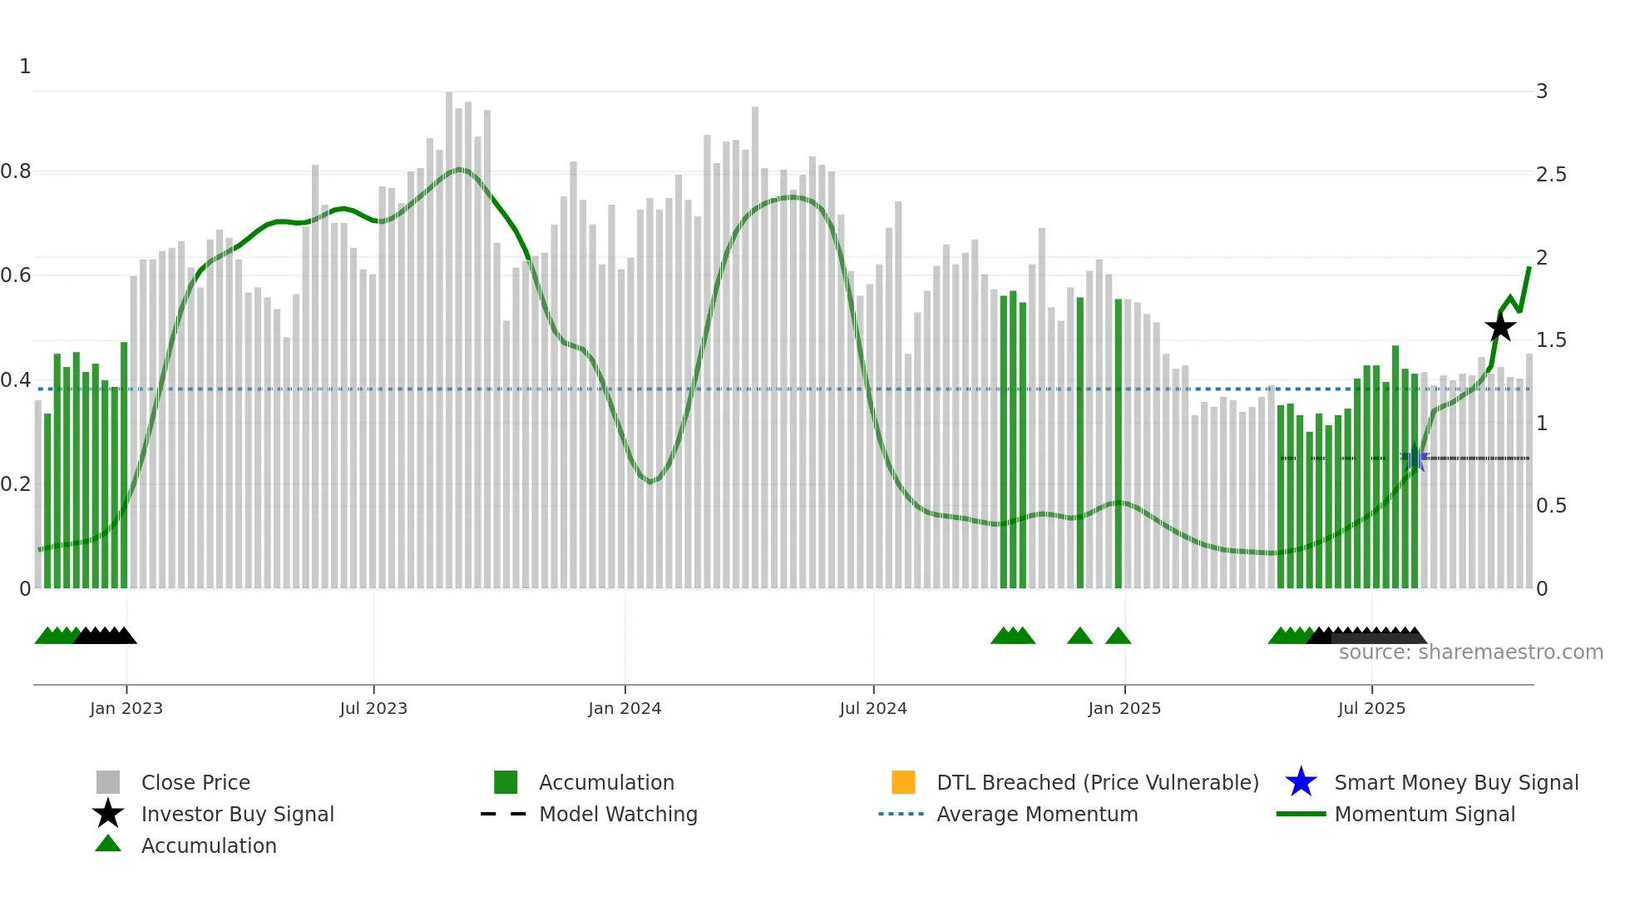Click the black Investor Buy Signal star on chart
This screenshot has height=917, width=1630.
click(x=1500, y=327)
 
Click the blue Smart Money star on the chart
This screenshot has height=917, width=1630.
click(x=1414, y=458)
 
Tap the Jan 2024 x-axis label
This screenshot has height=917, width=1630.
click(x=625, y=708)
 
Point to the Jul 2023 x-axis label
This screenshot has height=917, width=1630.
click(x=373, y=708)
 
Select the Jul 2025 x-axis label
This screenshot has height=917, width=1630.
click(x=1371, y=708)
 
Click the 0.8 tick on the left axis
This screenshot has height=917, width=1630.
click(x=16, y=171)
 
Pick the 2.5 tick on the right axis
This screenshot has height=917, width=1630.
click(x=1551, y=174)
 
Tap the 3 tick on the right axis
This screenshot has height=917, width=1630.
click(x=1542, y=91)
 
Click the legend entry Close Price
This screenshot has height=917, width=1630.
click(x=195, y=782)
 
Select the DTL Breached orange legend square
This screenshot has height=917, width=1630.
click(x=903, y=782)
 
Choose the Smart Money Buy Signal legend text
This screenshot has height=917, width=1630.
click(x=1456, y=782)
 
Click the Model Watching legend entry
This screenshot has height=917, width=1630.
click(x=618, y=814)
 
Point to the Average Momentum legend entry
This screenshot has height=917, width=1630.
click(x=1037, y=814)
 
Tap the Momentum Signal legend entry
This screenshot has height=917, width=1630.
click(x=1425, y=814)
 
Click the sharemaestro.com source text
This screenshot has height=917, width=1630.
click(x=1470, y=652)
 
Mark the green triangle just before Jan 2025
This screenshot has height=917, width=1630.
click(x=1118, y=637)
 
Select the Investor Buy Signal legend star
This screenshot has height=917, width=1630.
click(x=108, y=814)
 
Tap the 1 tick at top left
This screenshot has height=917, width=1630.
click(x=25, y=66)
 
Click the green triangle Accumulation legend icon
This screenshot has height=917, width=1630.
click(x=108, y=844)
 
